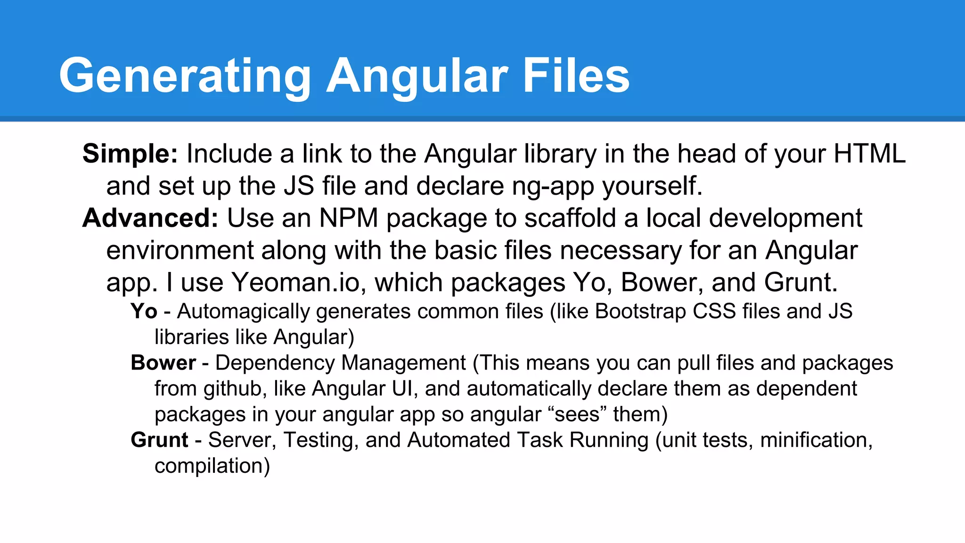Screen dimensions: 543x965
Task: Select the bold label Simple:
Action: (x=130, y=154)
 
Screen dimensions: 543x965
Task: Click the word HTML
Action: (x=869, y=154)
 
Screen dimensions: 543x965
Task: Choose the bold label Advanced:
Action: (x=150, y=218)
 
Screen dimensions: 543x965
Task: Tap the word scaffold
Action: (x=570, y=218)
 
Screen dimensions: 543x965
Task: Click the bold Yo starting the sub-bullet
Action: (x=144, y=312)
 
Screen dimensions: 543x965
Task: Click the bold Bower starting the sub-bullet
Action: (x=163, y=363)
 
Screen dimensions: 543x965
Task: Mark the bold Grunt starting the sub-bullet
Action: (x=159, y=440)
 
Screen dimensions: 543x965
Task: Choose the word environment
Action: (x=180, y=250)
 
